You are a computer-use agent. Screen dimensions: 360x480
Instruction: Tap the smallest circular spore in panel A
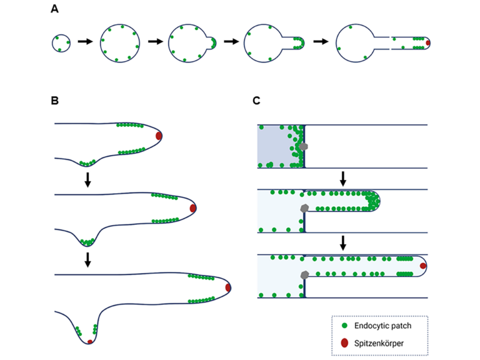point(61,43)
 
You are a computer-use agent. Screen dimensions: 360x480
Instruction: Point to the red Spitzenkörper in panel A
point(428,43)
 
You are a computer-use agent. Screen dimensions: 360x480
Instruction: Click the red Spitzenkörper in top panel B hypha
point(159,136)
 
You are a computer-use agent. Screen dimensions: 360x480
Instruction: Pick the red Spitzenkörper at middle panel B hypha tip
point(193,208)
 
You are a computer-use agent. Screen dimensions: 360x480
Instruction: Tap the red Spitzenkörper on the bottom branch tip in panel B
point(90,342)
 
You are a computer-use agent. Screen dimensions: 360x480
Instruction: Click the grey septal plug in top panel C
point(304,146)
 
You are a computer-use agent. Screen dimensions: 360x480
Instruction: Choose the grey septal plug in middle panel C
point(305,208)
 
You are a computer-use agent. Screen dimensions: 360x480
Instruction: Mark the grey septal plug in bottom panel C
point(304,275)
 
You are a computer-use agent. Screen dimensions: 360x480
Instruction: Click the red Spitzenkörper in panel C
point(423,266)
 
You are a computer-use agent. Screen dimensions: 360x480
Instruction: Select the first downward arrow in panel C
point(343,179)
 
